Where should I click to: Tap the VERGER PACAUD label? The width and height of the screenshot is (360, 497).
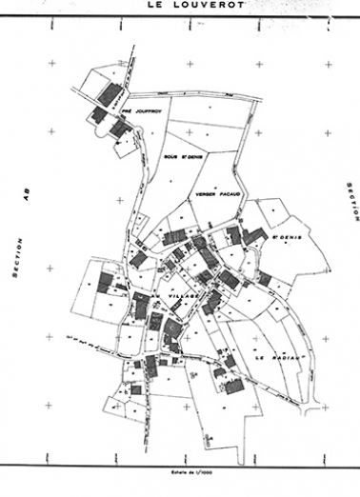click(214, 192)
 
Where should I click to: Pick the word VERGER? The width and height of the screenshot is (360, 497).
click(205, 192)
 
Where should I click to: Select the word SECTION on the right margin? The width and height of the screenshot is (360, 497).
click(350, 202)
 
